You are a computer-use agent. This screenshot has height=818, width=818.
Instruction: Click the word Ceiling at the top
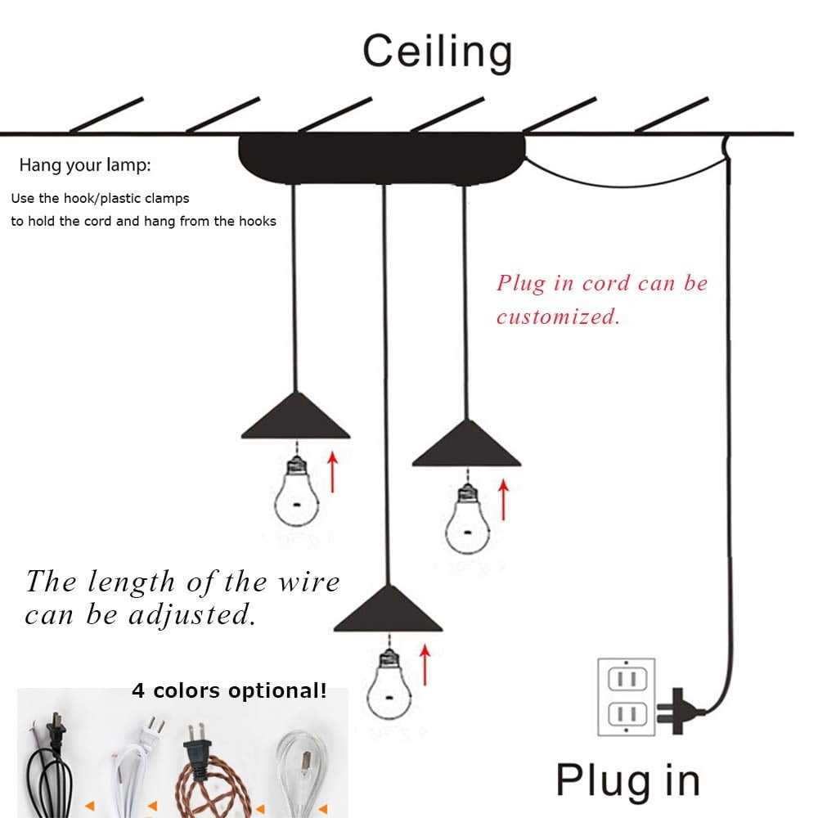point(438,51)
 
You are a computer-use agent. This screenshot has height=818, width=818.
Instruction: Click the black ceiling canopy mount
point(382,158)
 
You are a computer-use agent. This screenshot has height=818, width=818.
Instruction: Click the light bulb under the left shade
point(294,494)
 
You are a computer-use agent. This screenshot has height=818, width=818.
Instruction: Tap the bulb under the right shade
point(465,519)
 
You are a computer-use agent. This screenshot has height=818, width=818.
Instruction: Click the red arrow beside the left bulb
point(332,471)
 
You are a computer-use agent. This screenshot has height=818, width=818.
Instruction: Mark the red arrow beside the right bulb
point(503,499)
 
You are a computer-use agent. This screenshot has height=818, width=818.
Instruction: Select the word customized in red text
point(558,317)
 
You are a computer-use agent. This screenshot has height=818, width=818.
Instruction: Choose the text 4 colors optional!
point(229,691)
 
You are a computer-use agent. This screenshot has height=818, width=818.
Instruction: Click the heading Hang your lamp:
point(85,165)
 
